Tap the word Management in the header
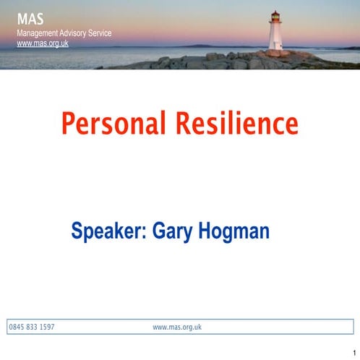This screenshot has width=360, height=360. [38, 33]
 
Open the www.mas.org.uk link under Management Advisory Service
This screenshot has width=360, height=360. [43, 43]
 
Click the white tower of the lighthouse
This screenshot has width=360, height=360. [275, 36]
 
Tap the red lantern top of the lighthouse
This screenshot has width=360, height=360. [275, 15]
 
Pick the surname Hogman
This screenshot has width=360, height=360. [232, 232]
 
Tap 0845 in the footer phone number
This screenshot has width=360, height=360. [16, 327]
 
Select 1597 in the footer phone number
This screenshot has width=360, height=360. [47, 327]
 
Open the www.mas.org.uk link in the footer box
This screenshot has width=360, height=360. [177, 327]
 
